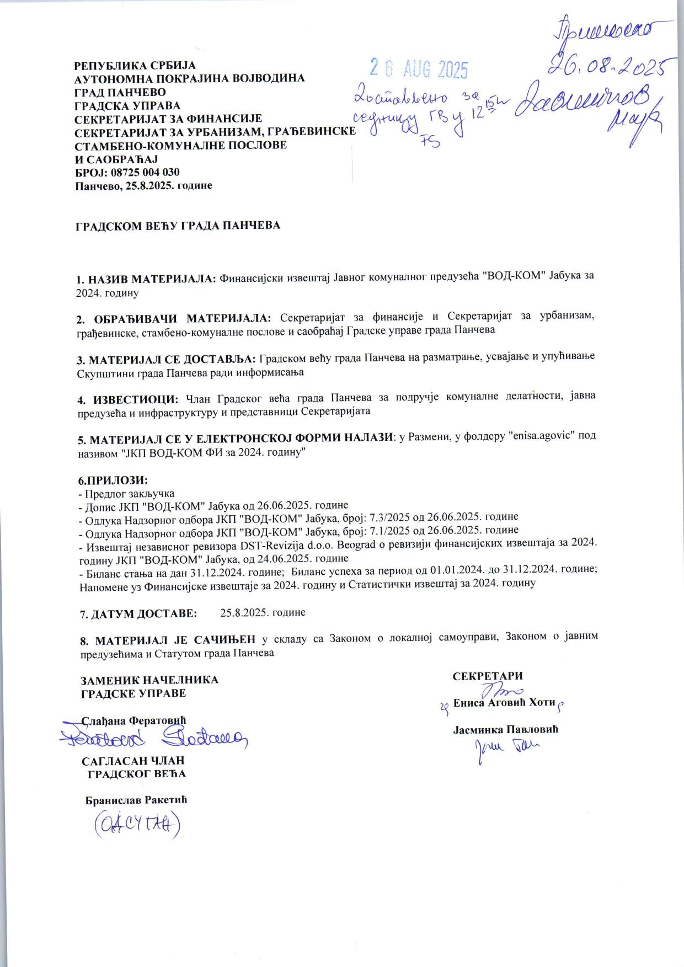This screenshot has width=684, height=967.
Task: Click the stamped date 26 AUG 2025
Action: pyautogui.click(x=419, y=69)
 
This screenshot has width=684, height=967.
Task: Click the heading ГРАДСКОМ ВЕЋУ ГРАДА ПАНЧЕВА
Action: pyautogui.click(x=178, y=226)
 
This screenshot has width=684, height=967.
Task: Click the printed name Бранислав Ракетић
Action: pyautogui.click(x=136, y=800)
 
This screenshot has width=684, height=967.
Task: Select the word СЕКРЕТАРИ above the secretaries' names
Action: pyautogui.click(x=488, y=676)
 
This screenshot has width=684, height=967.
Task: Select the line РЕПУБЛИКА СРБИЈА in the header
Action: pyautogui.click(x=135, y=66)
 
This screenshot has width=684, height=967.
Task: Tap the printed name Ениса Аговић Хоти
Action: pyautogui.click(x=504, y=703)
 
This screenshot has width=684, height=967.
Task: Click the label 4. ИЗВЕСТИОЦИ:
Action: pyautogui.click(x=127, y=398)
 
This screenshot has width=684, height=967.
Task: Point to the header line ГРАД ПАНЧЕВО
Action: pyautogui.click(x=120, y=92)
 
